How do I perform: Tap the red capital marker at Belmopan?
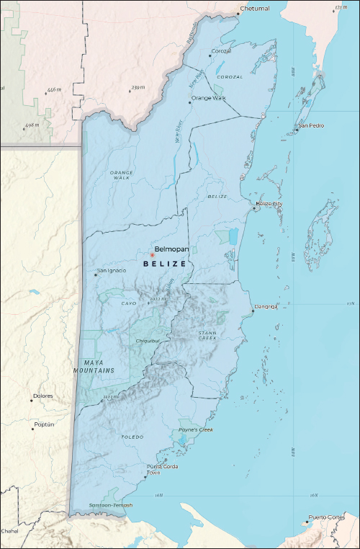pos(153,255)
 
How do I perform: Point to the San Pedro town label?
pos(312,125)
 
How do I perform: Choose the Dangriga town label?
pos(265,307)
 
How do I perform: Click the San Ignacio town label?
pos(112,270)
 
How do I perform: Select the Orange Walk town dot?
pos(189,102)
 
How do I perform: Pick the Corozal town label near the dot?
pos(220,51)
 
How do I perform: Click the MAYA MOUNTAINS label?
pos(94,366)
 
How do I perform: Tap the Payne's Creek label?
pos(196,430)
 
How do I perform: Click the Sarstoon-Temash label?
pos(111,505)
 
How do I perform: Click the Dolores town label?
pos(43,396)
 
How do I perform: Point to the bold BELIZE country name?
pos(165,264)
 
